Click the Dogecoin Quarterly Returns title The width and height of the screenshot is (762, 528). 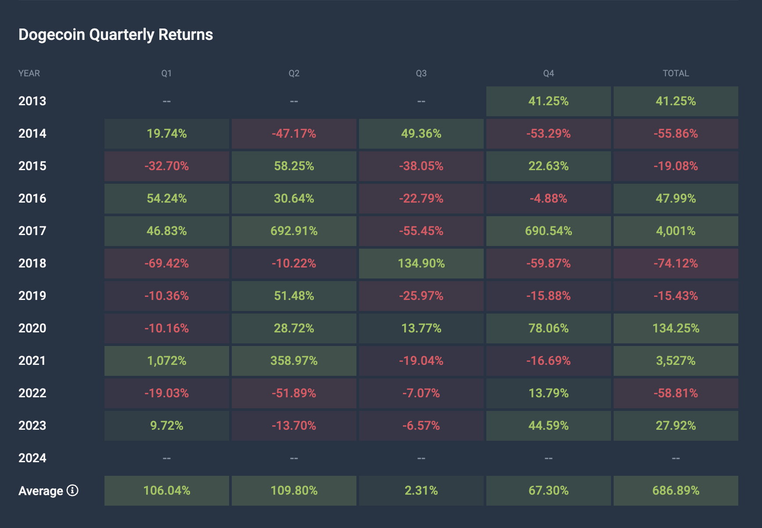coord(115,35)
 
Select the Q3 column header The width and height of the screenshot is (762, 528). coord(421,73)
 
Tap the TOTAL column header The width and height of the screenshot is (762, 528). coord(676,73)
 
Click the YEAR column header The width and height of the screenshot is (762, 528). coord(29,73)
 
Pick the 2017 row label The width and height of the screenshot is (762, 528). coord(32,231)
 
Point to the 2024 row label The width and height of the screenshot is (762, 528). coord(32,458)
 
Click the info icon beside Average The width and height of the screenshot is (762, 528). coord(72,490)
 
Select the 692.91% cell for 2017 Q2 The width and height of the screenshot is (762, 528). coord(294,231)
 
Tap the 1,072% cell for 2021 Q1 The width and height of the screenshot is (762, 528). coord(166,360)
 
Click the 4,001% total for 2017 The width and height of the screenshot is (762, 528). coord(676,231)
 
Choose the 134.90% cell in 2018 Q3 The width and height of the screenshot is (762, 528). coord(421,263)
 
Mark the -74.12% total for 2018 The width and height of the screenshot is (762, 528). coord(676,263)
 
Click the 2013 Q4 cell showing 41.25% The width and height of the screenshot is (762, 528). coord(548,101)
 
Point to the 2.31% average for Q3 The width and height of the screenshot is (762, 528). coord(421,490)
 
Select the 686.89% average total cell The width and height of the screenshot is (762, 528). coord(676,490)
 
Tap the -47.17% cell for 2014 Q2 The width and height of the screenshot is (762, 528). coord(294,133)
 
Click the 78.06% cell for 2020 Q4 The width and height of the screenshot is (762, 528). coord(548,328)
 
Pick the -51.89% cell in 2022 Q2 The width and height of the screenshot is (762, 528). coord(294,393)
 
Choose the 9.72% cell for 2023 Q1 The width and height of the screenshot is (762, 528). coord(166,425)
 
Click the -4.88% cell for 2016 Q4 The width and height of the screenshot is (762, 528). coord(548,198)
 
